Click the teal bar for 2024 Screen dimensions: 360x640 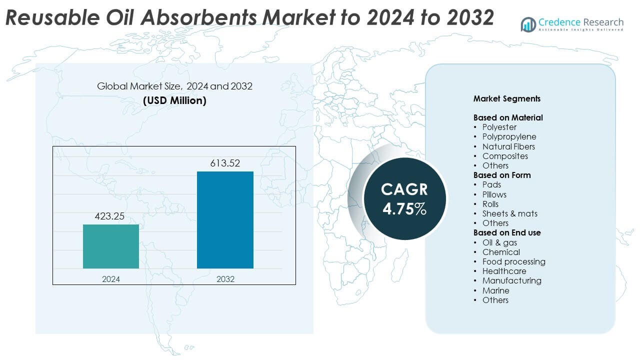[111, 246]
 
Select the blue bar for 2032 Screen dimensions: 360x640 [225, 220]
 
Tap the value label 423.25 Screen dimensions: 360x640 [110, 216]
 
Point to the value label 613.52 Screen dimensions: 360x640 [225, 163]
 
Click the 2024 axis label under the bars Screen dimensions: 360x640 [111, 279]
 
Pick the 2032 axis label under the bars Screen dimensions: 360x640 [225, 279]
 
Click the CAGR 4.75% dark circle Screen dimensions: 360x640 [404, 198]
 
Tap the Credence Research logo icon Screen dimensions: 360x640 [528, 24]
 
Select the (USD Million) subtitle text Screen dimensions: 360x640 [174, 100]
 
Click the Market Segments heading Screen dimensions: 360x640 [507, 99]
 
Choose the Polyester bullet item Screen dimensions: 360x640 [499, 127]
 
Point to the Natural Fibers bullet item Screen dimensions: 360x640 [508, 146]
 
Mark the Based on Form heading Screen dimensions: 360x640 [502, 175]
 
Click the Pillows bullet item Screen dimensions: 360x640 [494, 194]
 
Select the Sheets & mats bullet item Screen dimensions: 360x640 [509, 213]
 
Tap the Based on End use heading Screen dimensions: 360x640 [507, 232]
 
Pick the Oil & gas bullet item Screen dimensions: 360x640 [499, 242]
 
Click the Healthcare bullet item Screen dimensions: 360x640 [504, 271]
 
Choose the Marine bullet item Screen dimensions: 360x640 [495, 290]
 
